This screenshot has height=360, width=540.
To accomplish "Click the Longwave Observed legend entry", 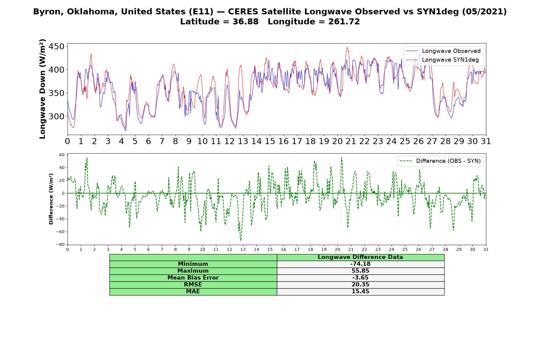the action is [443, 51].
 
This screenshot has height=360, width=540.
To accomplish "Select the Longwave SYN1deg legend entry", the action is [442, 60].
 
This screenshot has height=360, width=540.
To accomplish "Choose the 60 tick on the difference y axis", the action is [62, 155].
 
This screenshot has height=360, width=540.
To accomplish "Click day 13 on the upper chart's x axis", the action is [243, 141].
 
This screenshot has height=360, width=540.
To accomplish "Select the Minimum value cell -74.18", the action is [360, 264].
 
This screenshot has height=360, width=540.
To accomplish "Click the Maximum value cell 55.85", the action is [360, 271].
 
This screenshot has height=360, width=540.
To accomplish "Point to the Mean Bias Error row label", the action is [193, 278].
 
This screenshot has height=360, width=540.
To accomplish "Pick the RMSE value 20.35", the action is [360, 285].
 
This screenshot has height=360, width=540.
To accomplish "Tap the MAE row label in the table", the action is [193, 292].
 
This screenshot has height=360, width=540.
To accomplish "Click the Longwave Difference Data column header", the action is [360, 257].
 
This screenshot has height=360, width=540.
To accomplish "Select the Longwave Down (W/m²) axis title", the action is [42, 89].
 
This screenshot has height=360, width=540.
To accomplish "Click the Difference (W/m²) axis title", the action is [51, 199].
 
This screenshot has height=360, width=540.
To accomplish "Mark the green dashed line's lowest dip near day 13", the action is [241, 240].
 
